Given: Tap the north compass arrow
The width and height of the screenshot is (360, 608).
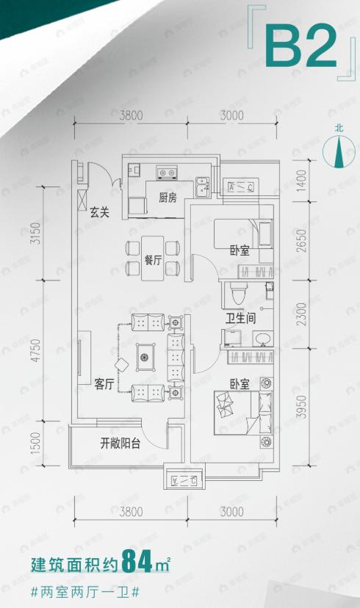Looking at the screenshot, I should [x=339, y=151].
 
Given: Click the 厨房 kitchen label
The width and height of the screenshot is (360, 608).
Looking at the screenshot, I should [x=168, y=198].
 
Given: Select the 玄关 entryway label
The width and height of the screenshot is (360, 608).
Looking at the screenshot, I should [x=100, y=213].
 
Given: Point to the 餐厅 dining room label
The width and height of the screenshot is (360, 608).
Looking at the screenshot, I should [x=153, y=259].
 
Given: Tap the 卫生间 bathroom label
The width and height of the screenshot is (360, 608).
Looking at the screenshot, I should [x=240, y=319].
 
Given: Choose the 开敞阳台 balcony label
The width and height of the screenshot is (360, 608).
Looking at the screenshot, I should [x=120, y=444].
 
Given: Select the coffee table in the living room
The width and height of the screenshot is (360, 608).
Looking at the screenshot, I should [x=145, y=358].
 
